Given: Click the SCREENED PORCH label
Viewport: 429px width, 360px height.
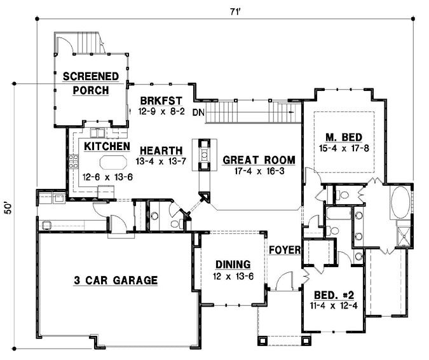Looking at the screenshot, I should [x=90, y=83].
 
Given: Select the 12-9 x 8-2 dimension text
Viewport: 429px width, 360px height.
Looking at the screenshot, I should [x=161, y=111].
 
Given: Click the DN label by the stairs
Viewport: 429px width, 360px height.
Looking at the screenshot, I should [x=198, y=113].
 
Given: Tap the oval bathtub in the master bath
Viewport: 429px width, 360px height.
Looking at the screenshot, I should [x=401, y=204].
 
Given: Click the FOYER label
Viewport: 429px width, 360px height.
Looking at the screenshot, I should [x=283, y=250].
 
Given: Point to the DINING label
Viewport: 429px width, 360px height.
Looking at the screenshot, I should [x=232, y=265].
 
